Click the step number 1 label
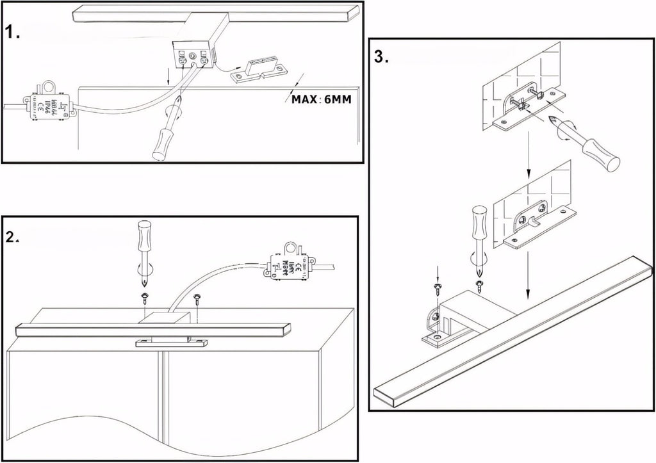click(x=13, y=32)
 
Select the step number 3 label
click(x=381, y=56)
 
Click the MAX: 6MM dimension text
click(x=321, y=99)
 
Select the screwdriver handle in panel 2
click(x=145, y=238)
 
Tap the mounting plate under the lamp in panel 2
click(x=169, y=344)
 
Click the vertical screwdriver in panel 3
click(x=479, y=234)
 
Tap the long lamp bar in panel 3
click(x=512, y=333)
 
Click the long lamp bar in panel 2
click(x=151, y=330)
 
